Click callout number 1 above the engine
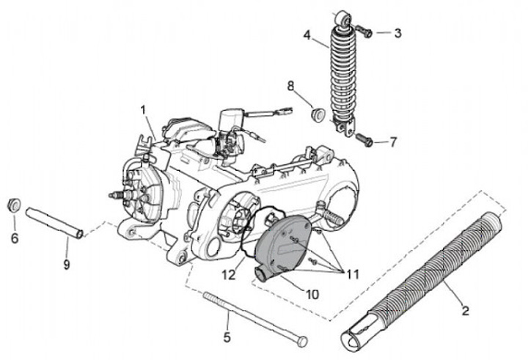(x=144, y=110)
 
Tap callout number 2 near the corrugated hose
(x=465, y=310)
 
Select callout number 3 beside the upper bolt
(x=397, y=33)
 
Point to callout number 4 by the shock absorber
(x=307, y=35)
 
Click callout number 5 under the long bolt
(x=227, y=337)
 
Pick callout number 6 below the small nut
(x=15, y=238)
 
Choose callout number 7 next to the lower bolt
(x=393, y=142)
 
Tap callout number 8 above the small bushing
(x=290, y=86)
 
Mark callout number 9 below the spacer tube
(x=67, y=265)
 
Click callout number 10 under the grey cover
(x=312, y=294)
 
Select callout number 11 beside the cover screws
(x=352, y=274)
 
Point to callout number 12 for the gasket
(x=229, y=275)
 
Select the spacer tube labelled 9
(x=54, y=224)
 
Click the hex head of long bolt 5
(x=303, y=342)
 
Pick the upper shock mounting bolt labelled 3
(x=364, y=32)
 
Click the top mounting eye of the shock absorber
(x=343, y=19)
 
